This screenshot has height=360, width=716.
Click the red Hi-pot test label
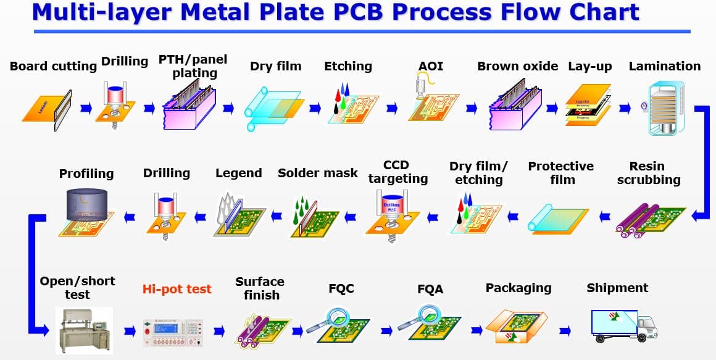(x=177, y=289)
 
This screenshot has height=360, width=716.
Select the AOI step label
(x=430, y=66)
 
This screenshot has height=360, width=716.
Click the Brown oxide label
(x=517, y=66)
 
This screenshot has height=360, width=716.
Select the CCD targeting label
(x=397, y=172)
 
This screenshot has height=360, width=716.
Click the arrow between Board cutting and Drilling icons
(x=86, y=109)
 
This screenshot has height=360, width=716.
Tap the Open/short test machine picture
(x=84, y=329)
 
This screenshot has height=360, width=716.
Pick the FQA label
(x=430, y=289)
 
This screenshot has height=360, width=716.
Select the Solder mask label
(x=317, y=173)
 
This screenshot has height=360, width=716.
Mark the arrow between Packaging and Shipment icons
(x=564, y=331)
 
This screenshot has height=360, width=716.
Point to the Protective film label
(x=560, y=173)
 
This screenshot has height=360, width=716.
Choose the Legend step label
(x=238, y=173)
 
